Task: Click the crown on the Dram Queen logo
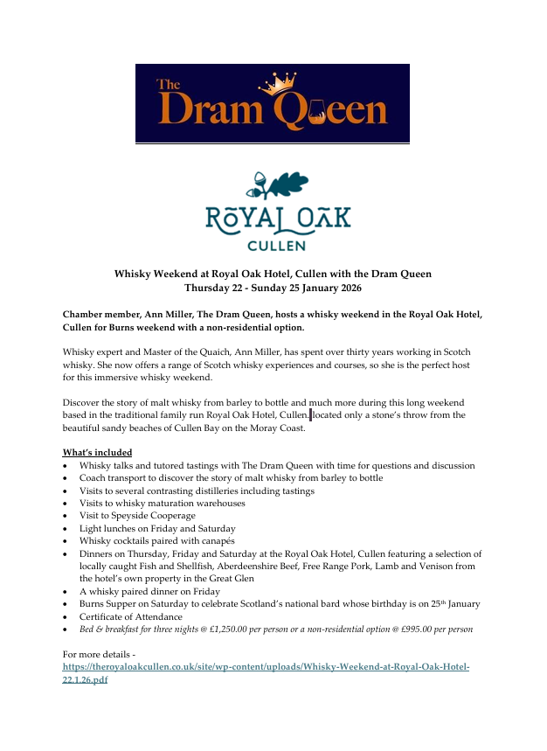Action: (x=278, y=84)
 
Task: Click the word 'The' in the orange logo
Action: (x=168, y=85)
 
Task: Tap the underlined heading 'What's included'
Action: (x=97, y=452)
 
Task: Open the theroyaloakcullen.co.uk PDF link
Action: (x=266, y=666)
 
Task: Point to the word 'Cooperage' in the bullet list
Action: (x=174, y=516)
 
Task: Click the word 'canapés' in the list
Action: (x=221, y=541)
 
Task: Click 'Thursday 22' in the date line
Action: (x=213, y=287)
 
